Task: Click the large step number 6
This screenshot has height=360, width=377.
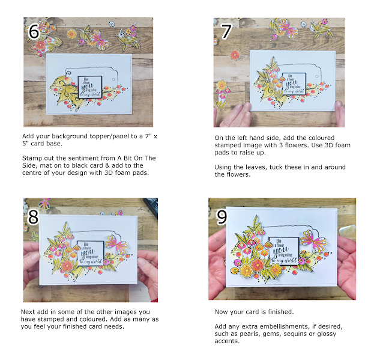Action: pyautogui.click(x=34, y=31)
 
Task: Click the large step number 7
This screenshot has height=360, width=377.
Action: pyautogui.click(x=226, y=31)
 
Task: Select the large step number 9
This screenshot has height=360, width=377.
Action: pyautogui.click(x=222, y=217)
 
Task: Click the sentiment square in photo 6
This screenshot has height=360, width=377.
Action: pyautogui.click(x=90, y=87)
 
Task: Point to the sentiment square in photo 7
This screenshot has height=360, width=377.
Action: pyautogui.click(x=294, y=84)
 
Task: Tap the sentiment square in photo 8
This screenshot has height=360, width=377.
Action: pyautogui.click(x=91, y=253)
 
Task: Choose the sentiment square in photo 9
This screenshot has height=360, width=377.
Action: pyautogui.click(x=284, y=251)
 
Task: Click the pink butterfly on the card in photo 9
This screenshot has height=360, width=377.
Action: pyautogui.click(x=312, y=241)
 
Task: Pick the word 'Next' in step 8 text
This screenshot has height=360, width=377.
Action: pyautogui.click(x=28, y=312)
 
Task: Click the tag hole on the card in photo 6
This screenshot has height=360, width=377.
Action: pyautogui.click(x=113, y=79)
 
